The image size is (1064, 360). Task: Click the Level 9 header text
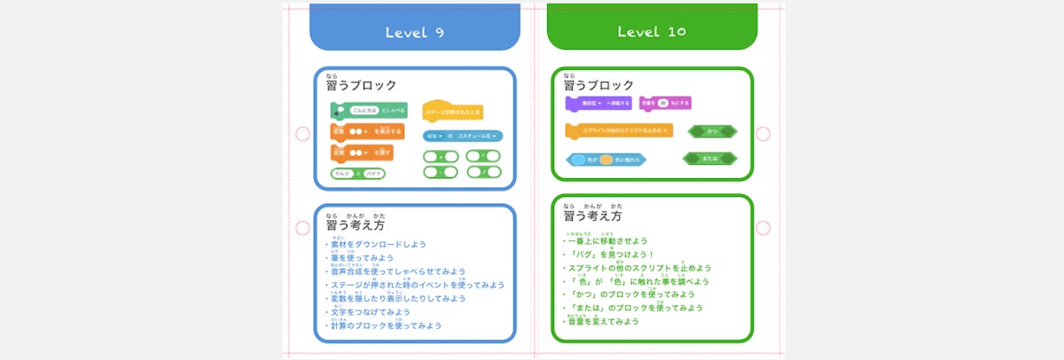(414, 33)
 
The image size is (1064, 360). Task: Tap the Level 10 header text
(651, 33)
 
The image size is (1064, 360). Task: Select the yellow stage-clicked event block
(452, 113)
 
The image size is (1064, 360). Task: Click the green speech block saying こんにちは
(369, 110)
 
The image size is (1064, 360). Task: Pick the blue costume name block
(462, 137)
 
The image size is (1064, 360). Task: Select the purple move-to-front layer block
(598, 104)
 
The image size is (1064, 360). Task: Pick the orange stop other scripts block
(619, 130)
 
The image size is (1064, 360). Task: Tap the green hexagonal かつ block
(712, 131)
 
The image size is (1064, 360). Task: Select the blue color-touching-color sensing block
(606, 160)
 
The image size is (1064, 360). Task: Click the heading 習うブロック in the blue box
(362, 85)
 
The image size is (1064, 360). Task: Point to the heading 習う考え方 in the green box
(593, 215)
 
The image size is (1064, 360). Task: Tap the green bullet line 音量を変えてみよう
(603, 321)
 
